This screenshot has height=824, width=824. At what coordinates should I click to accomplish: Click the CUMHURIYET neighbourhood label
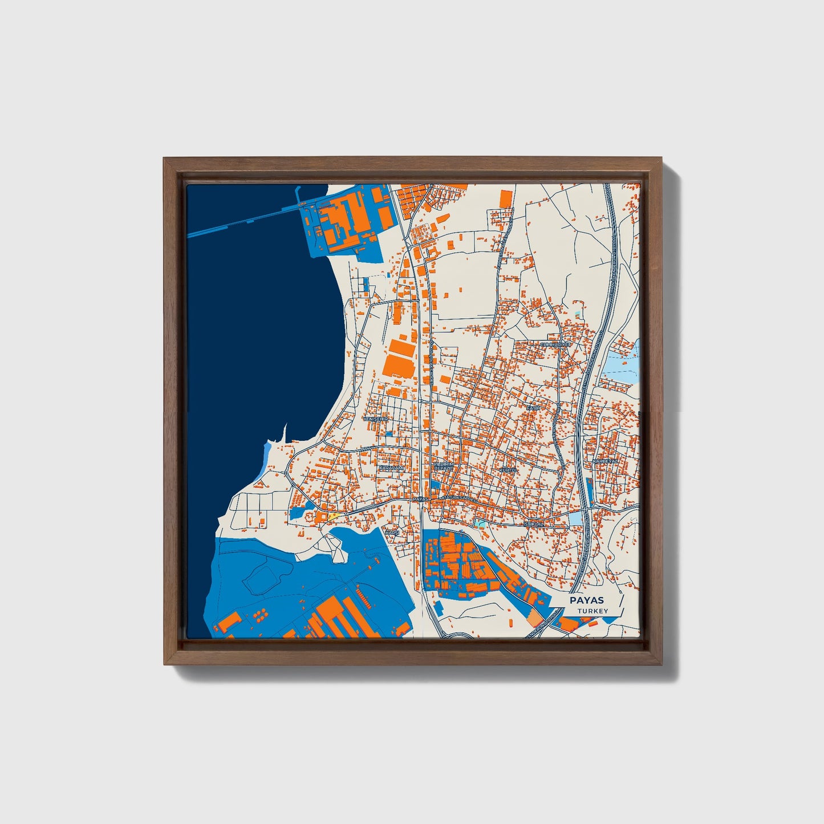pos(555,345)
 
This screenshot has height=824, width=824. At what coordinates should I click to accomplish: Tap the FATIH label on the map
pos(533,408)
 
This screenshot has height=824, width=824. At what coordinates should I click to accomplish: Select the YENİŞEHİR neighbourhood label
pos(376,419)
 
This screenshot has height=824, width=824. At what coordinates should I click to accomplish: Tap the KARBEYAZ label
pos(605,461)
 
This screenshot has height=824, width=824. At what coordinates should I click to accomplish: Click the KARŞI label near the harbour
pos(392,532)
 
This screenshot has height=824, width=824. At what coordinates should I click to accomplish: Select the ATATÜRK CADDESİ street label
pos(458,498)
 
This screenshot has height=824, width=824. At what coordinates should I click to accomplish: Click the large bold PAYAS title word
pos(587,600)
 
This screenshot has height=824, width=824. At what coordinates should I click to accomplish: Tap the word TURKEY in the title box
pos(592,611)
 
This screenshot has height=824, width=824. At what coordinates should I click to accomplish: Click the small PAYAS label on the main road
pos(420,499)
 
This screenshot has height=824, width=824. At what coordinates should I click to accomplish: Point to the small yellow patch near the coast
pos(332,516)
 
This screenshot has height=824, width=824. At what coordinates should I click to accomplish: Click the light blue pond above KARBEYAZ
pos(620,365)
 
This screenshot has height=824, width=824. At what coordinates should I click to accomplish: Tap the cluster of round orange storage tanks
pos(260,614)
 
